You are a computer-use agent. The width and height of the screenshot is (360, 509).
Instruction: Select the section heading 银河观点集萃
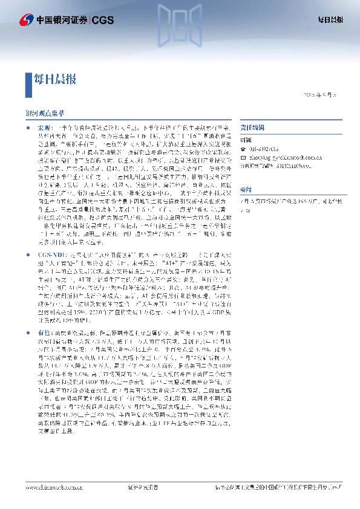tap(44, 112)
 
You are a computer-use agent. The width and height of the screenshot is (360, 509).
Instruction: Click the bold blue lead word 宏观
tap(46, 128)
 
